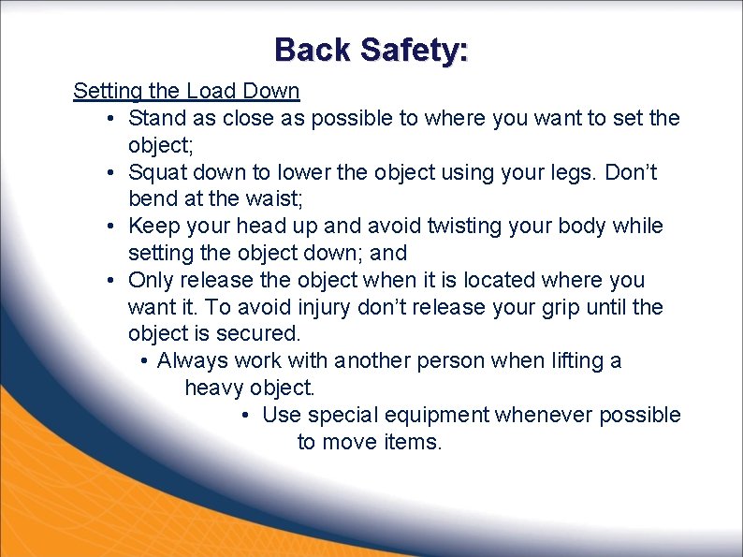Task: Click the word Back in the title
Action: [313, 50]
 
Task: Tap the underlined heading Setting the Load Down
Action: [186, 92]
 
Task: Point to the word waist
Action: [255, 199]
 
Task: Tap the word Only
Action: [151, 281]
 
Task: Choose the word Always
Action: [193, 361]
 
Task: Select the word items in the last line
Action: [413, 442]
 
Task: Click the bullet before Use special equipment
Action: [243, 415]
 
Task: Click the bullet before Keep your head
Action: [110, 227]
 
